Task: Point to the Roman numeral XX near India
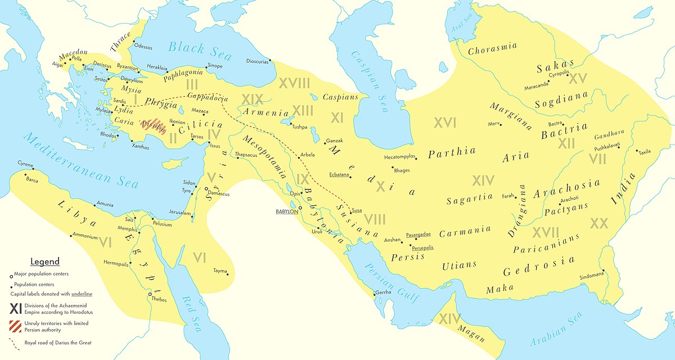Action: [x=599, y=224]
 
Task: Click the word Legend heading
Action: [x=44, y=262]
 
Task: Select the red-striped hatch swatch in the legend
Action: [x=15, y=327]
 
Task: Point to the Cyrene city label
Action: [x=26, y=165]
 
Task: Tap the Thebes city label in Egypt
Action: [x=160, y=300]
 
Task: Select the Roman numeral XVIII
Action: [x=294, y=84]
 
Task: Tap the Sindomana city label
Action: [x=592, y=276]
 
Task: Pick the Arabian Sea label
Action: [x=556, y=332]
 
